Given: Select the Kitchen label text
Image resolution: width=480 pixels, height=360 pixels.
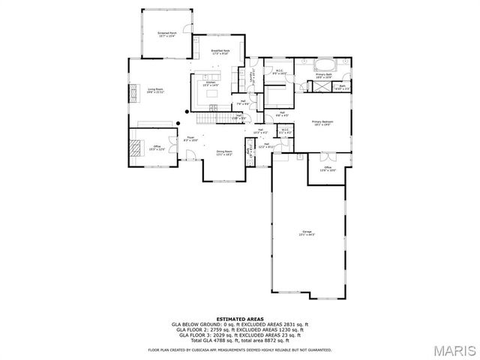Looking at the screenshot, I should click(x=211, y=84).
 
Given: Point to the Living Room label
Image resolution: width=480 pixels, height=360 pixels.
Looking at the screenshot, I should click(x=155, y=90).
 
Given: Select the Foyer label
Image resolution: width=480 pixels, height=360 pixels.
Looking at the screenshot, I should click(x=190, y=139).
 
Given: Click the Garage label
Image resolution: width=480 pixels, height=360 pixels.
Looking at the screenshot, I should click(x=307, y=232).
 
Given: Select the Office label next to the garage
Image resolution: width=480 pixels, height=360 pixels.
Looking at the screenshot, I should click(x=328, y=169).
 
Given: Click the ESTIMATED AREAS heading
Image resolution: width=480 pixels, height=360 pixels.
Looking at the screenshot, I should click(x=240, y=319).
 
